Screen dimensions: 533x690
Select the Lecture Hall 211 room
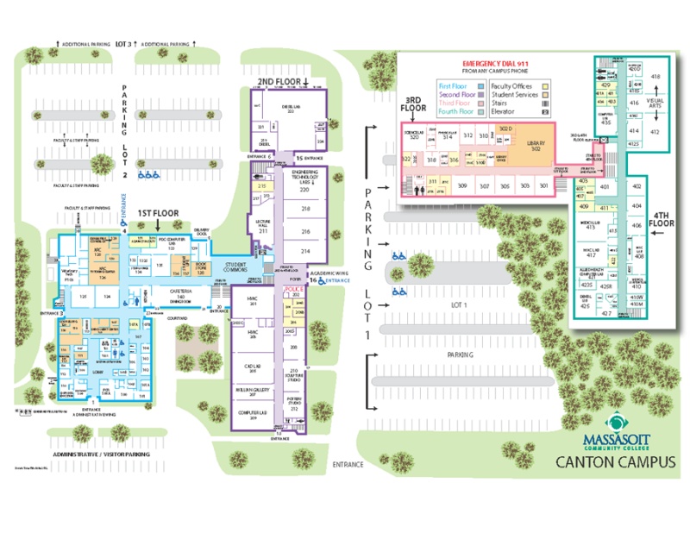click(263, 229)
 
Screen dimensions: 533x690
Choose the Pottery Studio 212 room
click(293, 404)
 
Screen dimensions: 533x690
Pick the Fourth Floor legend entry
click(455, 111)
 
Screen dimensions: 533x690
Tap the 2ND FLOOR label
click(279, 82)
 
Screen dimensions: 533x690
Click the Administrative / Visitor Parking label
click(101, 454)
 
